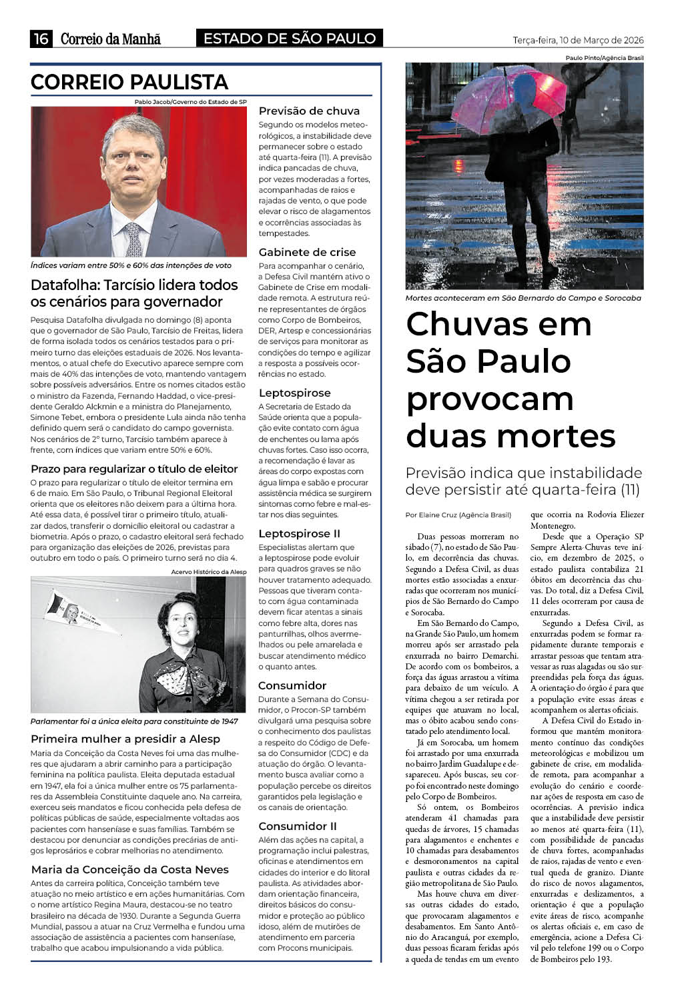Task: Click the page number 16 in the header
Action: coord(41,39)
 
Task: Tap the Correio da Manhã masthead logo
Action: coord(110,39)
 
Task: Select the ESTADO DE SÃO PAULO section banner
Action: coord(289,39)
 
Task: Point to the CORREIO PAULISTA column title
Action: coord(129,83)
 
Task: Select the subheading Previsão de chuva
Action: coord(309,111)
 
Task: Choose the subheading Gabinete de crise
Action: coord(307,252)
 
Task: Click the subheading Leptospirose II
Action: coord(299,533)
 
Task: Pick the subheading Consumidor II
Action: coord(297,826)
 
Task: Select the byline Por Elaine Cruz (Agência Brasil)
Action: coord(458,515)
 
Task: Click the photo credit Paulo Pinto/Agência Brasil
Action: coord(604,58)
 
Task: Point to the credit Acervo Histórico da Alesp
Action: coord(208,572)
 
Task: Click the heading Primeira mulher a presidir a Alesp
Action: coord(125,739)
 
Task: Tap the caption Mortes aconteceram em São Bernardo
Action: coord(523,298)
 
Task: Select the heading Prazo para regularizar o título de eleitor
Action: coord(134,469)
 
